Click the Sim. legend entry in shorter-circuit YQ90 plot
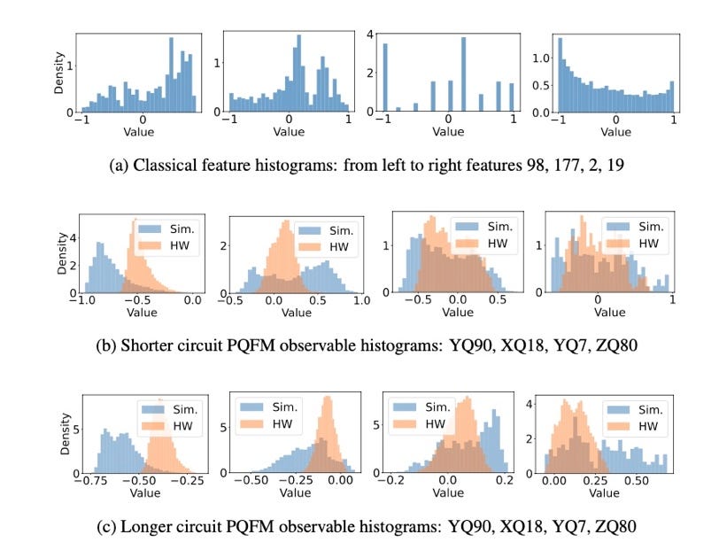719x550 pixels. coord(166,227)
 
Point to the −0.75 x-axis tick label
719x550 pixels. coord(93,484)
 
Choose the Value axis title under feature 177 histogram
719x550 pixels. coord(288,131)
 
